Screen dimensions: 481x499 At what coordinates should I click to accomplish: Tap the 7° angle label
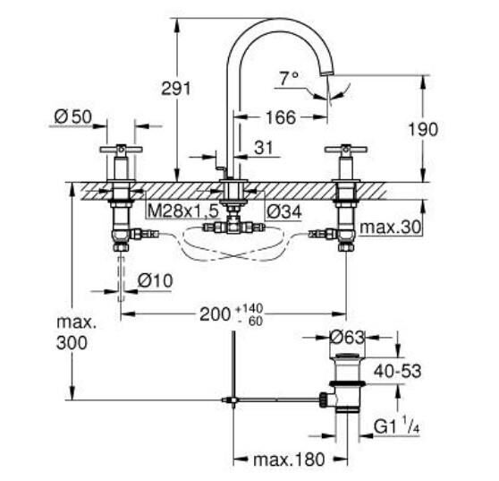(x=287, y=80)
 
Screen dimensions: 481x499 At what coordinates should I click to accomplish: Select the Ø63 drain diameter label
(x=346, y=338)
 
